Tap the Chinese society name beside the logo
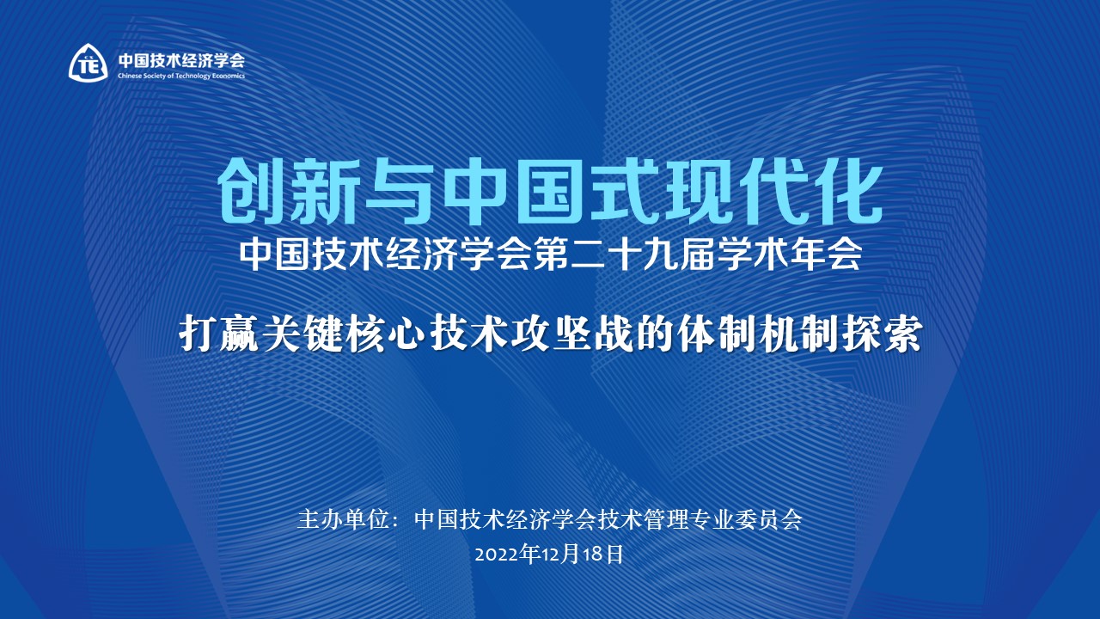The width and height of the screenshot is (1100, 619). coord(180,60)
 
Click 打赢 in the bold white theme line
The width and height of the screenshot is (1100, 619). coord(216,334)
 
